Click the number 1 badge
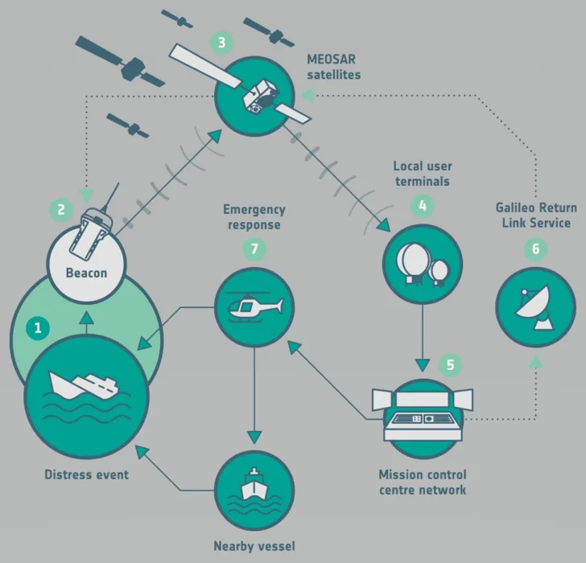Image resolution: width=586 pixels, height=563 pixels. (x=37, y=327)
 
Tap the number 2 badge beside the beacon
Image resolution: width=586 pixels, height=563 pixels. (x=60, y=210)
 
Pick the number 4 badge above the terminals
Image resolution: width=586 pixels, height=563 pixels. (x=421, y=206)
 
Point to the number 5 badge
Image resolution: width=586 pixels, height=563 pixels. (x=450, y=364)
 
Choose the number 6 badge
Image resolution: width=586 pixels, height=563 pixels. (x=535, y=249)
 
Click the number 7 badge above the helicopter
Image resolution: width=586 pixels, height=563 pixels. (x=254, y=249)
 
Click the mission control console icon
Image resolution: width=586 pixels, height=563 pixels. (x=423, y=412)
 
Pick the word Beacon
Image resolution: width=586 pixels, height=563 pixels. (x=85, y=273)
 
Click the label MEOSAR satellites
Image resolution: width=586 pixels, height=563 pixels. (x=333, y=67)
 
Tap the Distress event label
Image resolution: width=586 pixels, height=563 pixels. (x=86, y=475)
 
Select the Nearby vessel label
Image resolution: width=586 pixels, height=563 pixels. (x=254, y=546)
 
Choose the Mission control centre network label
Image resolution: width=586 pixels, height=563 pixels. (x=423, y=482)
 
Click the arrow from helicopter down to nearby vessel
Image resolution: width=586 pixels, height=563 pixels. (x=254, y=394)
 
